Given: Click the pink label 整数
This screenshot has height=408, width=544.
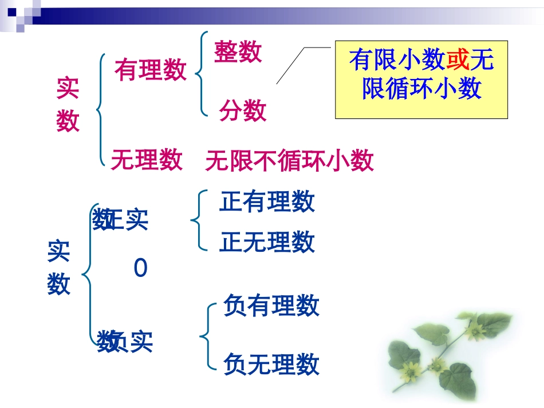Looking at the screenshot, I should (238, 52).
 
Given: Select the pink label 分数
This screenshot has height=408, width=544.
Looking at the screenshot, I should (243, 110).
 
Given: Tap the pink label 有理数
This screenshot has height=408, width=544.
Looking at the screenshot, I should (151, 70).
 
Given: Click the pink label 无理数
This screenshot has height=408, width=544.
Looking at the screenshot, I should (147, 159).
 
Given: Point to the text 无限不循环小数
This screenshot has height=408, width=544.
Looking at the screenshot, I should (289, 161).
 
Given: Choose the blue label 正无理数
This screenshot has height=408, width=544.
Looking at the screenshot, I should (267, 242).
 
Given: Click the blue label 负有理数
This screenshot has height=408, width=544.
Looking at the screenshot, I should (271, 306).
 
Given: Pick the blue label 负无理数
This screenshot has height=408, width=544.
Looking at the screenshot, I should (271, 364).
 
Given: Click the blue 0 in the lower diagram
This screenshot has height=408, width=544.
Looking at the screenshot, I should (140, 268).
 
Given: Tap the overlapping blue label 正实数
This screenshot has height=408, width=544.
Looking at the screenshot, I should (121, 220).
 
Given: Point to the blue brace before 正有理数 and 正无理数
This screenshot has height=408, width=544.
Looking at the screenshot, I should (196, 221).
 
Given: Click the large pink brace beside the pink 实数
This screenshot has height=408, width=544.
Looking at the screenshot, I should (101, 109).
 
